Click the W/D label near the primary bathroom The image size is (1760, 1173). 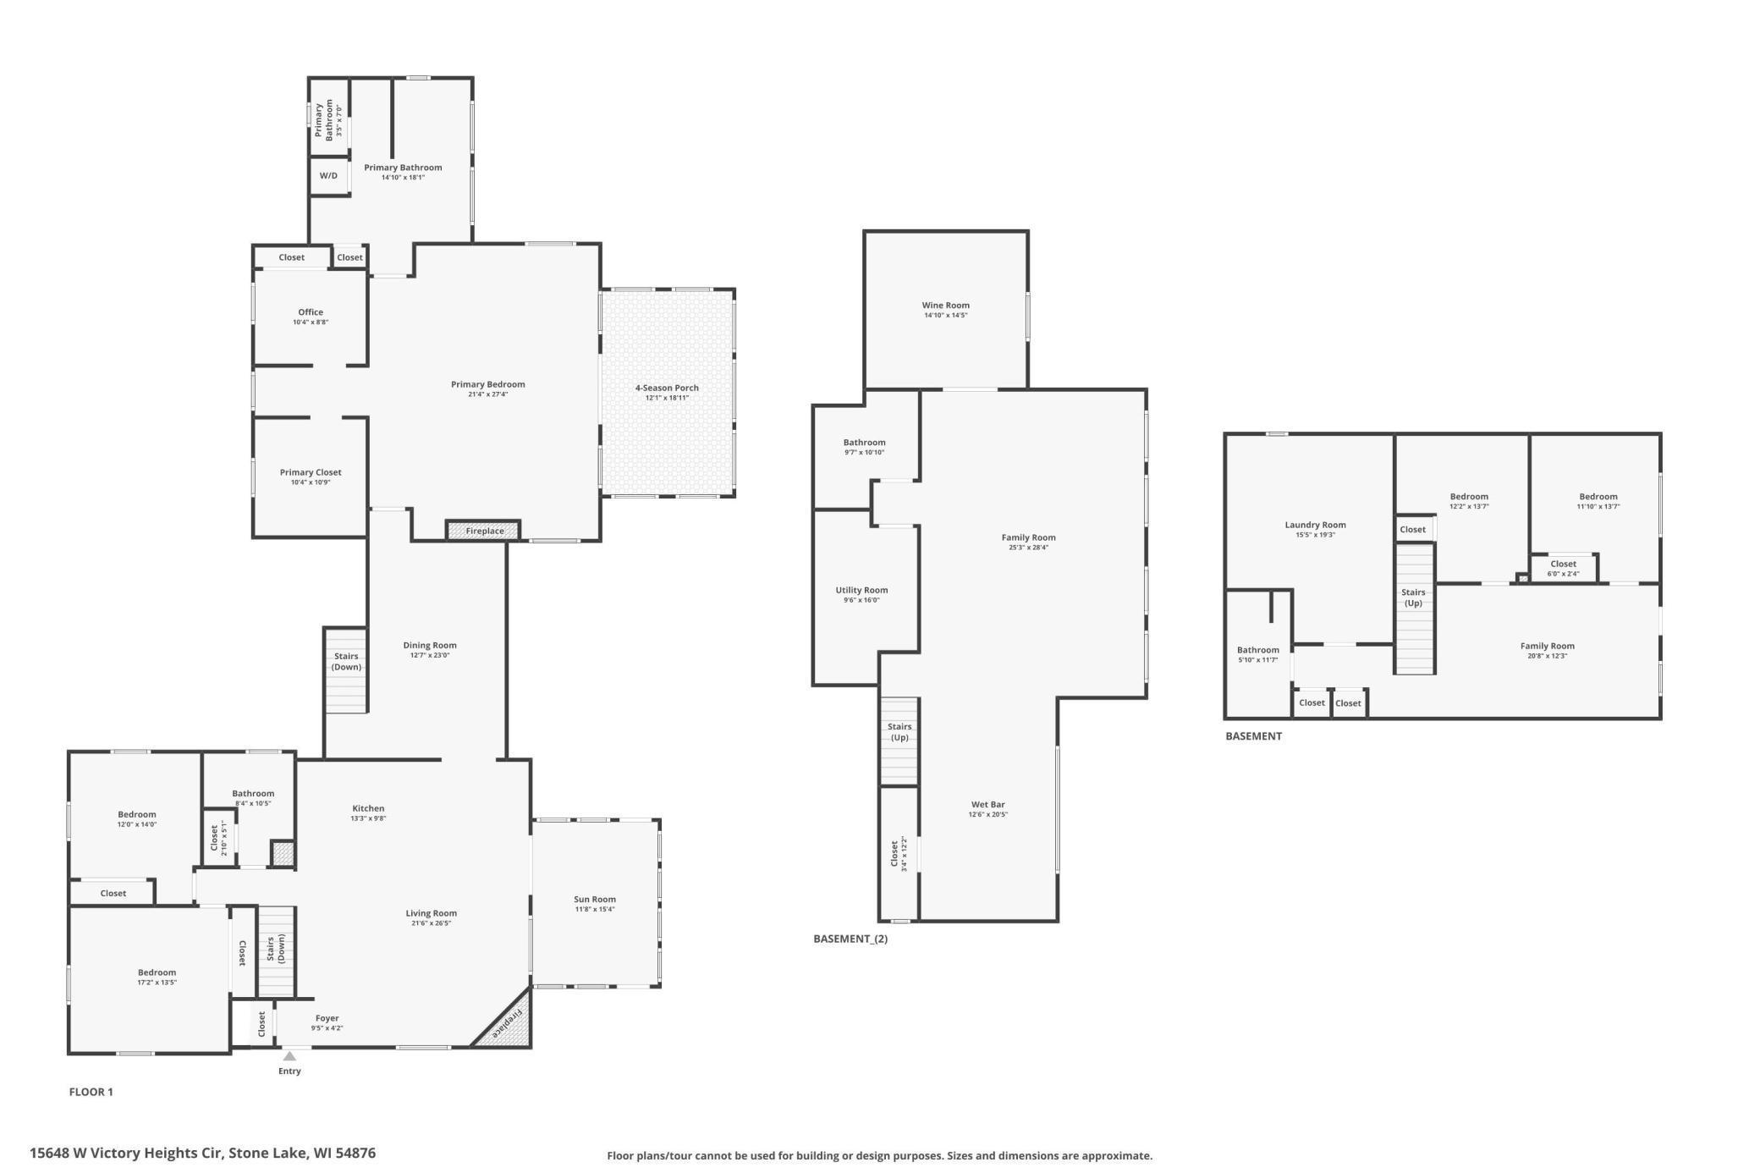(328, 176)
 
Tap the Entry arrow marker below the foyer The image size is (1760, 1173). (289, 1056)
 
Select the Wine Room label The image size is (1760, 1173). (945, 306)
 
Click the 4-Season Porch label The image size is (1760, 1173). (667, 388)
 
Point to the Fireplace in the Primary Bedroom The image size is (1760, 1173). (484, 531)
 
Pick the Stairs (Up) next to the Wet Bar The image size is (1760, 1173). (899, 733)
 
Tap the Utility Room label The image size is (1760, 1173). (861, 591)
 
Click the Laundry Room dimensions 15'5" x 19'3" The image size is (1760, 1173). (1314, 535)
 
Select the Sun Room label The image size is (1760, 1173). (595, 900)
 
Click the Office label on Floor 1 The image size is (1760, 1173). (311, 312)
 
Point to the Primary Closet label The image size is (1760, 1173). (311, 473)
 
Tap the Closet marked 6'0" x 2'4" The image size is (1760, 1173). (1563, 568)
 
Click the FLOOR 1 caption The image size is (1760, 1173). (91, 1092)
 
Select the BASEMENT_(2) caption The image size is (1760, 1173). (850, 939)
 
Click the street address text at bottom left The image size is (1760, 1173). (203, 1153)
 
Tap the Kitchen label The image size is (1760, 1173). (368, 809)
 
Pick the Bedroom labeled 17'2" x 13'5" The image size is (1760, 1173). (157, 977)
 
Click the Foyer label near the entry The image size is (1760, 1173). (327, 1019)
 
